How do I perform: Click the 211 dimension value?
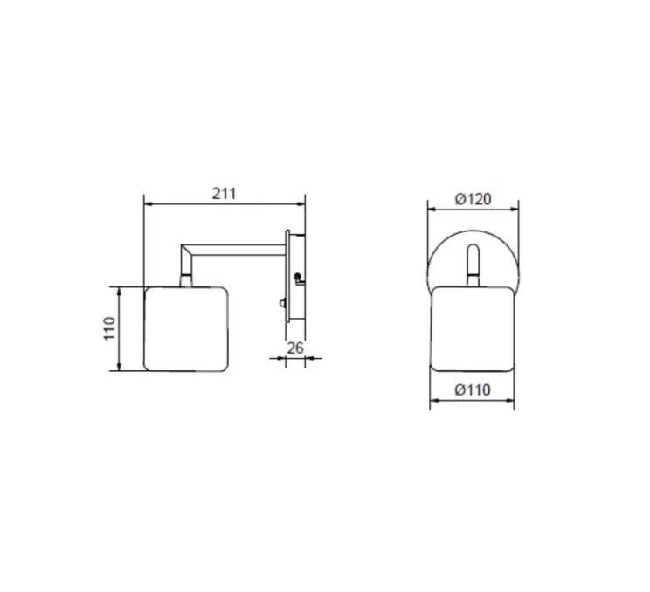224,194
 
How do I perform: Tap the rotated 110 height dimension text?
109,328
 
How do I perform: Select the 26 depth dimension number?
295,348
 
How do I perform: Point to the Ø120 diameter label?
473,199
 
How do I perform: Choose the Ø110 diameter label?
473,389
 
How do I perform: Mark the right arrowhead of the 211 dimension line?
301,203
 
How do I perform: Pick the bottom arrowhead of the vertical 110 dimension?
120,366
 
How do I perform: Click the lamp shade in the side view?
186,328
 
